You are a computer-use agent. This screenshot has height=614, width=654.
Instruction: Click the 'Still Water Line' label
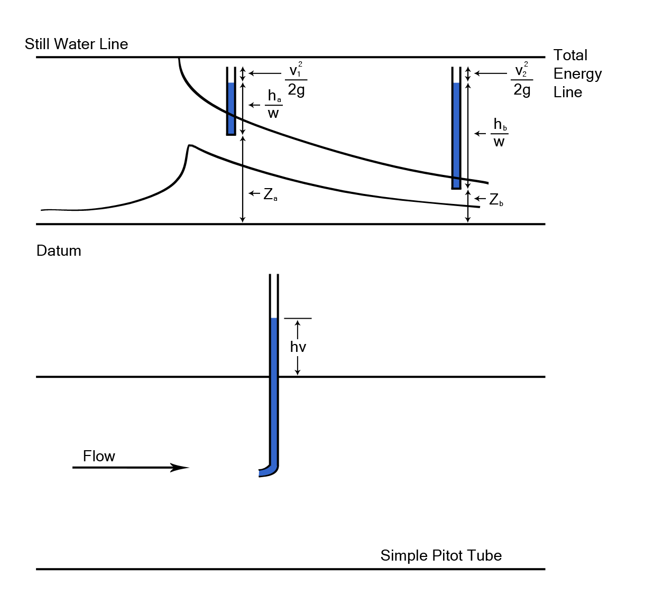[76, 44]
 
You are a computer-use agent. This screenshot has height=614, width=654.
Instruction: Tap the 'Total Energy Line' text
[577, 73]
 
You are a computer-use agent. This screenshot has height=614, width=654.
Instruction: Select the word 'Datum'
[59, 250]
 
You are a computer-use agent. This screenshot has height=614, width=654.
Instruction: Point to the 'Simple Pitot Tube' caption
[441, 555]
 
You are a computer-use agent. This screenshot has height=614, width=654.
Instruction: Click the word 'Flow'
[99, 456]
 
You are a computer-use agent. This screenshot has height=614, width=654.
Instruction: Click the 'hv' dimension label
[298, 347]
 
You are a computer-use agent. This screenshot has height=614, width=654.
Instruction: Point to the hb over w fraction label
[500, 133]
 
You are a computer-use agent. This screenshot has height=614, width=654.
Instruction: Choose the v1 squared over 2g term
[296, 80]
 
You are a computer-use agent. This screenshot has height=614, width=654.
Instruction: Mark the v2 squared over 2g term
[522, 80]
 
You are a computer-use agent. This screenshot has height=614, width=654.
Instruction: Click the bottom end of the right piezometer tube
[456, 188]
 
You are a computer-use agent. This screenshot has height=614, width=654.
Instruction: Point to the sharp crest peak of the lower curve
[190, 145]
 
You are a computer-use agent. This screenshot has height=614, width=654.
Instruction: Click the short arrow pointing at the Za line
[254, 193]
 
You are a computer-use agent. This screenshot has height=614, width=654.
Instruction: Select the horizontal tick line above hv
[298, 318]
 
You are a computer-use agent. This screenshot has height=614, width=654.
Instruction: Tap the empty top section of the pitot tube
[274, 296]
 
